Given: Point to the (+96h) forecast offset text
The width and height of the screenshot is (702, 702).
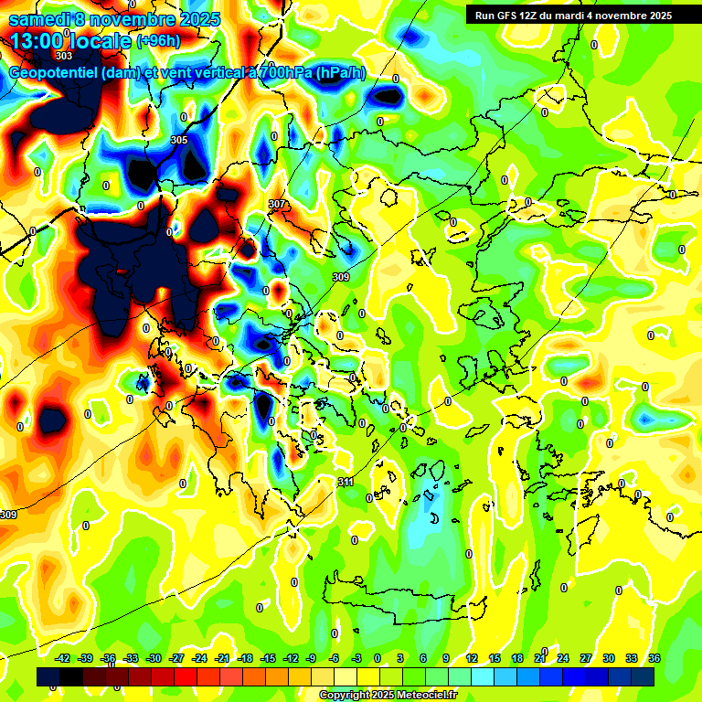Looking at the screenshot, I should coord(158,41).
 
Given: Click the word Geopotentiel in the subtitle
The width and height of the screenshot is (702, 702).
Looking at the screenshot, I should coord(53,73).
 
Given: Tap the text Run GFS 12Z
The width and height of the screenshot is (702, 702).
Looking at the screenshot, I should coord(508,15).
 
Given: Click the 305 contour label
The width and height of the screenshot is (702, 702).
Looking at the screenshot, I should coord(179,140).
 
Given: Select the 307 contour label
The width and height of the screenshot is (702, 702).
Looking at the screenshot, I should coord(277,204).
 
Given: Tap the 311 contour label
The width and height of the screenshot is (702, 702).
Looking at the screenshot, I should coord(346,482).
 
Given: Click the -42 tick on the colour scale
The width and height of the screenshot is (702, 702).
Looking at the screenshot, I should coord(64,658).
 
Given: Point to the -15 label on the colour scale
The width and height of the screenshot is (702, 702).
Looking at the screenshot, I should coord(268,658).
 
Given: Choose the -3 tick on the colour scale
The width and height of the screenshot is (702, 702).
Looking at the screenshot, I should coord(356,658).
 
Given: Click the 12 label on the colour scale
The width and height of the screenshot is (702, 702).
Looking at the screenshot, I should coord(472,658).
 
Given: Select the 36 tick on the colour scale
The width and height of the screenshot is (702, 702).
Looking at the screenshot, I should coord(654,658).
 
